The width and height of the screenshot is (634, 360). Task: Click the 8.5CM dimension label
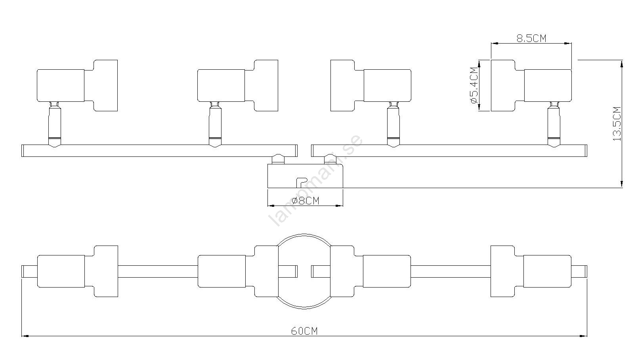[x=531, y=38]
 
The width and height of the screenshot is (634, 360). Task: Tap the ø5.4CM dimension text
[x=474, y=86]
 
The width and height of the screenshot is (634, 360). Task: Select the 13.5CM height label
[x=617, y=124]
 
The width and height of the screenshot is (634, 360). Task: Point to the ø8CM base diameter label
[x=305, y=201]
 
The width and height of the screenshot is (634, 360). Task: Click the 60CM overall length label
[x=305, y=331]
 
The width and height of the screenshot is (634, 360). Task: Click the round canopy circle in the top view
[x=304, y=234]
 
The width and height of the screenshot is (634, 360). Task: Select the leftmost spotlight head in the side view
[x=77, y=86]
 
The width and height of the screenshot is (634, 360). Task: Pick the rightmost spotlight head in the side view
[x=531, y=86]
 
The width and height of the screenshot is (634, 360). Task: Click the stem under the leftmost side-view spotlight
[x=55, y=124]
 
